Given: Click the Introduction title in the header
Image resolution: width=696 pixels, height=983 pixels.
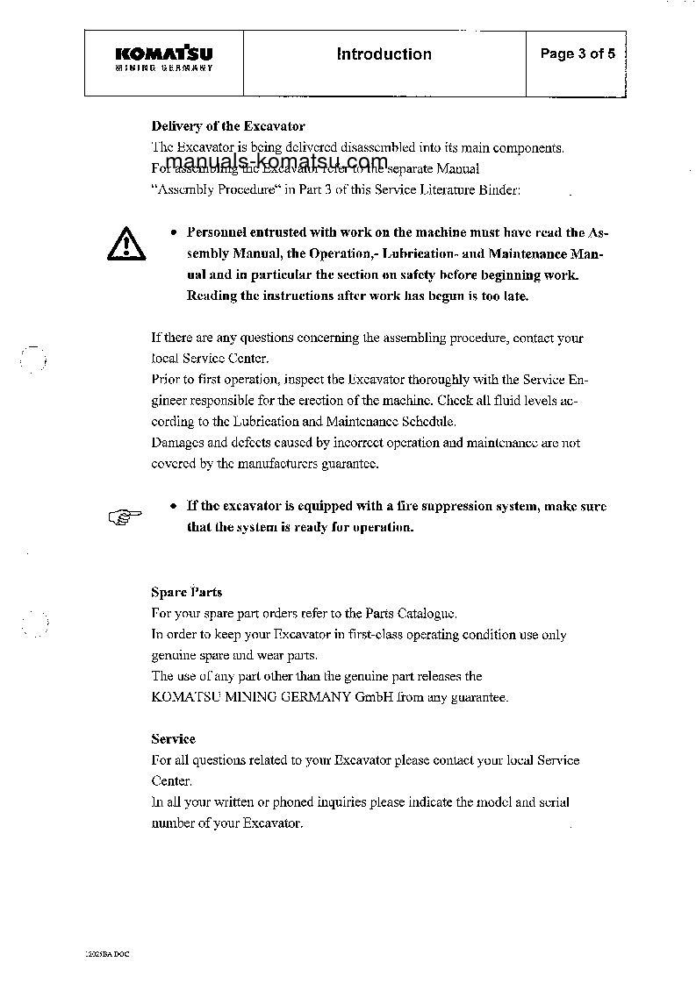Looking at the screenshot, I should point(384,54).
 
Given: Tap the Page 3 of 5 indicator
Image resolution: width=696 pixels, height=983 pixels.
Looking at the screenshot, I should point(578,54).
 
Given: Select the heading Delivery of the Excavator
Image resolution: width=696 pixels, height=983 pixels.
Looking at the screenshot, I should point(228,126).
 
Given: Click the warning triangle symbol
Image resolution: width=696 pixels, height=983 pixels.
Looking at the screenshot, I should point(126,241).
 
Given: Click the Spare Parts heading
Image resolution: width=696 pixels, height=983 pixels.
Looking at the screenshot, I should point(186,592).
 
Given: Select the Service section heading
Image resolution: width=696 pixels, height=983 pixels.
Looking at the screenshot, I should point(173,739).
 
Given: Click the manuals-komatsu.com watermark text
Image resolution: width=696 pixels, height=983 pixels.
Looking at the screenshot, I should point(276,163).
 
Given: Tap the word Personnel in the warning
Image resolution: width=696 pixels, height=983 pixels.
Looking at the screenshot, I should point(219,233).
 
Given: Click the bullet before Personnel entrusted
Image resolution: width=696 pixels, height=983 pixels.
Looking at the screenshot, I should point(174,233).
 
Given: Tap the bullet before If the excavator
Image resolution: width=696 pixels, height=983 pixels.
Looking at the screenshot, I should point(174,507).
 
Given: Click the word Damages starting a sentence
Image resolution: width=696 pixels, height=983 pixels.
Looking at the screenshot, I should point(178,444).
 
